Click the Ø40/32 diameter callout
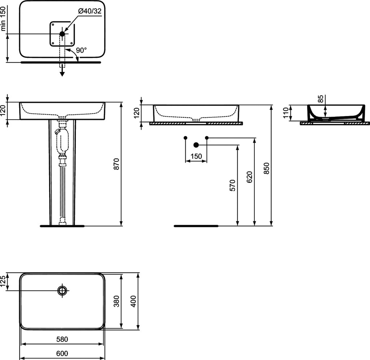click(x=90, y=11)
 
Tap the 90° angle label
click(x=81, y=50)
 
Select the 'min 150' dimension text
click(x=3, y=19)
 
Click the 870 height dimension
click(x=117, y=164)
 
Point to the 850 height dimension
click(x=266, y=168)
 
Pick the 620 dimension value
click(x=249, y=177)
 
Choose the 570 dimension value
click(x=232, y=185)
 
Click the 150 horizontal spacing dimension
click(x=196, y=156)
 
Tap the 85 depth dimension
click(x=320, y=99)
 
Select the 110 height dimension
click(x=286, y=113)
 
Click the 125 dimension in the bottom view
click(x=3, y=281)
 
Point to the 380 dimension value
click(x=117, y=301)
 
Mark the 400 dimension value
click(x=133, y=301)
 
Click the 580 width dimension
click(x=62, y=339)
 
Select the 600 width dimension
click(x=62, y=353)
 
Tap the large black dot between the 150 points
click(x=196, y=145)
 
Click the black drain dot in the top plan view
click(x=62, y=34)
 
